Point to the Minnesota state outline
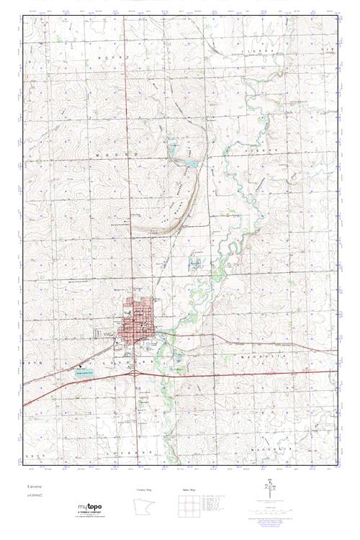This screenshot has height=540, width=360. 143,507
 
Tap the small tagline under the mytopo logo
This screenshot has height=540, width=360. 93,517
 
